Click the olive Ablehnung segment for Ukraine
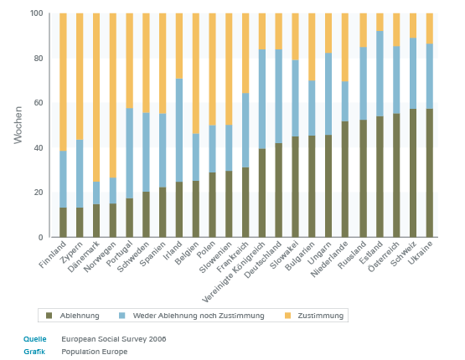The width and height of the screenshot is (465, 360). pos(430,173)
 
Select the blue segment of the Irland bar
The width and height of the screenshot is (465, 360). pos(179,130)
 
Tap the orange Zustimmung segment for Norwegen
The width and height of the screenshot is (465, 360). pos(113,95)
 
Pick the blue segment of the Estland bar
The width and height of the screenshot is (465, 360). pos(380,74)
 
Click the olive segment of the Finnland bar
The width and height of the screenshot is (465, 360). pos(63,223)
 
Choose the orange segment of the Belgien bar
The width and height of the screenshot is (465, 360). pos(196,74)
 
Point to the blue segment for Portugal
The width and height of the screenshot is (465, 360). pos(129,153)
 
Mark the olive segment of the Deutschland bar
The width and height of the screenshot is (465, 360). pos(279,190)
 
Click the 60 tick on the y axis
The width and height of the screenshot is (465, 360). pos(39,103)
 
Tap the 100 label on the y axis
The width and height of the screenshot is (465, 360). pos(37,13)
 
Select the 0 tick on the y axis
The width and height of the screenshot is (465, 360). pos(40,237)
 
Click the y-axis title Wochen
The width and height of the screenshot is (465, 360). pos(18,125)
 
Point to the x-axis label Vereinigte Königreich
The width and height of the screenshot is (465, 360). pos(234,273)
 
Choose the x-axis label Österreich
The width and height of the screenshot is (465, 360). pos(384,257)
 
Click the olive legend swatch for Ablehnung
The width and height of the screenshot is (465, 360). pos(49,316)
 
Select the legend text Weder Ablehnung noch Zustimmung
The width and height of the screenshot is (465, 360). pos(199,316)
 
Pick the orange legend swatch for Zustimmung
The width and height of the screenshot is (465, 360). pos(287,316)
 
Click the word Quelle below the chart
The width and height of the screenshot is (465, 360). pos(35,339)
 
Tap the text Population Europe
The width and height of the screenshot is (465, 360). pos(95,352)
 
